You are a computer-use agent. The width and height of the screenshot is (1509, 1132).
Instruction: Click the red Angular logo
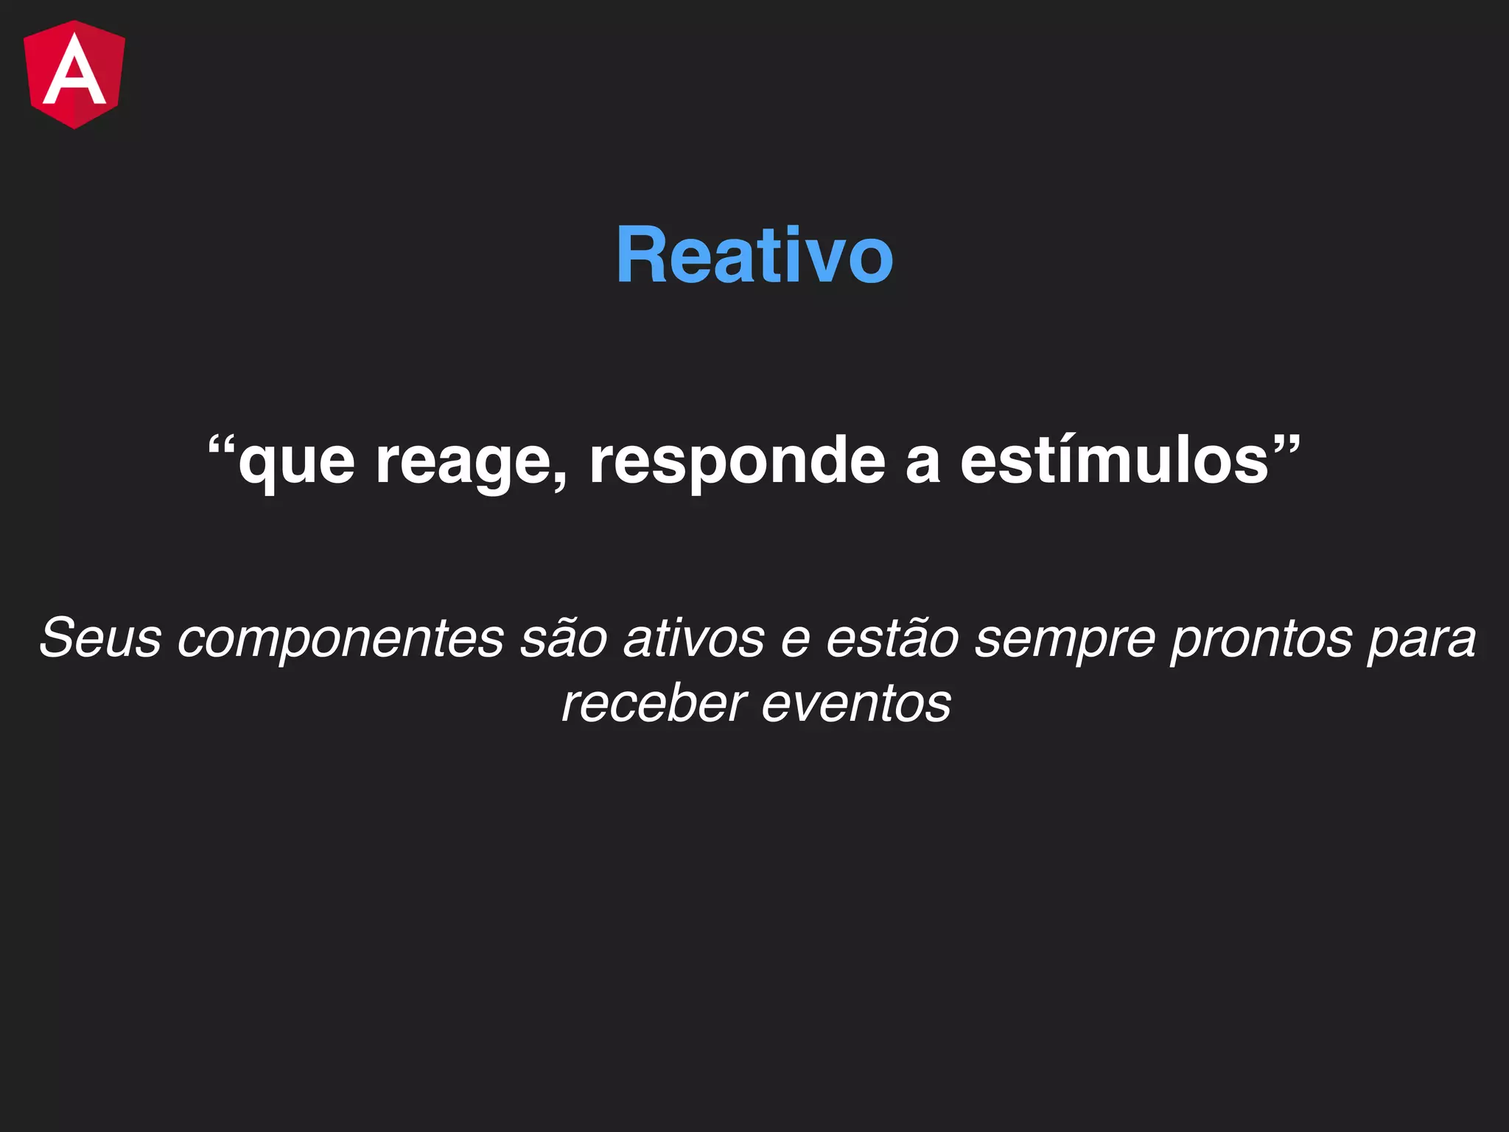(x=74, y=74)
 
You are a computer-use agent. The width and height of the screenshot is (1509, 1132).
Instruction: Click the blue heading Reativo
(x=754, y=255)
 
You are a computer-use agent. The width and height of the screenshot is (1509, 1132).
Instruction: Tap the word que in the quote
(x=296, y=463)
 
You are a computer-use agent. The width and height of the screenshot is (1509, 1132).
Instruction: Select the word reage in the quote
(x=464, y=463)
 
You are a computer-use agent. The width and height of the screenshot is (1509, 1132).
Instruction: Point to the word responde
(x=737, y=463)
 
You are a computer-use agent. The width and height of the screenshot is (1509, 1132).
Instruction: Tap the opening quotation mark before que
(x=221, y=445)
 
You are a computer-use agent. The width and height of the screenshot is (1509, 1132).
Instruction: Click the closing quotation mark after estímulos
(x=1286, y=445)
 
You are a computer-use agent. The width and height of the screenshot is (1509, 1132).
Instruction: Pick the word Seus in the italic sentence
(x=100, y=637)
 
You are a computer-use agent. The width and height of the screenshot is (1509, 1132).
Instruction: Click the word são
(x=563, y=637)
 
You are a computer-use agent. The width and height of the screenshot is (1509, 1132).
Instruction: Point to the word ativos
(x=693, y=637)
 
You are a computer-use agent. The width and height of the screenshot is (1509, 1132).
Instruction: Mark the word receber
(x=654, y=704)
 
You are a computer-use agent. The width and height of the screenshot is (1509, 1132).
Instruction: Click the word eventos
(x=855, y=704)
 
